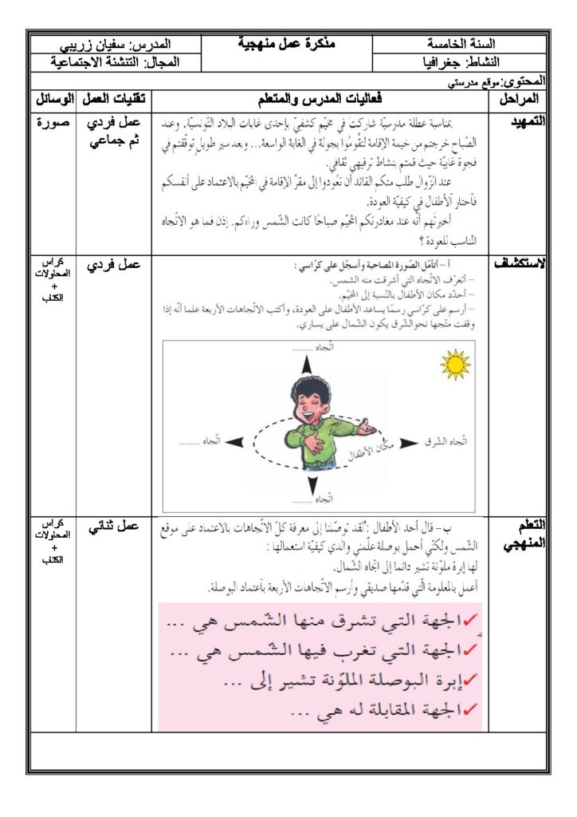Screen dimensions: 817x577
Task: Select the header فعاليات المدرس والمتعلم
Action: pos(319,99)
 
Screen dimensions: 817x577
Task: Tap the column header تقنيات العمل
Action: pos(114,99)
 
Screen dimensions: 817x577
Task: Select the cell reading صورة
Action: pos(54,123)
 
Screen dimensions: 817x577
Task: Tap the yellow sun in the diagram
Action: pos(455,365)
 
